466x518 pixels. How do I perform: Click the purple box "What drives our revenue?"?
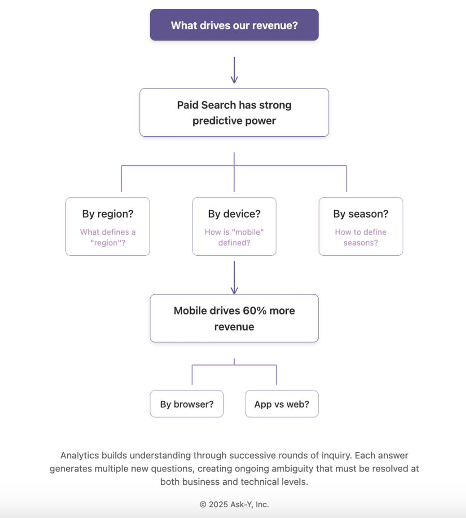pos(234,25)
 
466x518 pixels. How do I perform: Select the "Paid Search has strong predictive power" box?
pos(234,112)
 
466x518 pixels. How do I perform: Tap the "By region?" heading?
pos(108,214)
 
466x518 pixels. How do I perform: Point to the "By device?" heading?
pos(234,214)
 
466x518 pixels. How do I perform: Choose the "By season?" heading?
pos(360,214)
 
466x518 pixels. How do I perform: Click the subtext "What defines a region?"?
pos(108,237)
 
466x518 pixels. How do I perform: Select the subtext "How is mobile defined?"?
pos(234,237)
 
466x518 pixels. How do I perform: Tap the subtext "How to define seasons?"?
pos(360,237)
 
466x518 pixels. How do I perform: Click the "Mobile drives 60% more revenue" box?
pos(234,319)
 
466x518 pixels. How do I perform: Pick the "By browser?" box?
pos(186,404)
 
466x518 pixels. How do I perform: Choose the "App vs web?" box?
pos(282,404)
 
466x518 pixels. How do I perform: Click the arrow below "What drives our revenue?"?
pos(234,70)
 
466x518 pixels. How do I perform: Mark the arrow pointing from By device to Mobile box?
pos(234,277)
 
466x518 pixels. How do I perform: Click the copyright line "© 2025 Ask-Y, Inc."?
pos(234,504)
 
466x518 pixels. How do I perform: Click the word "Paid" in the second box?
pos(188,105)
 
